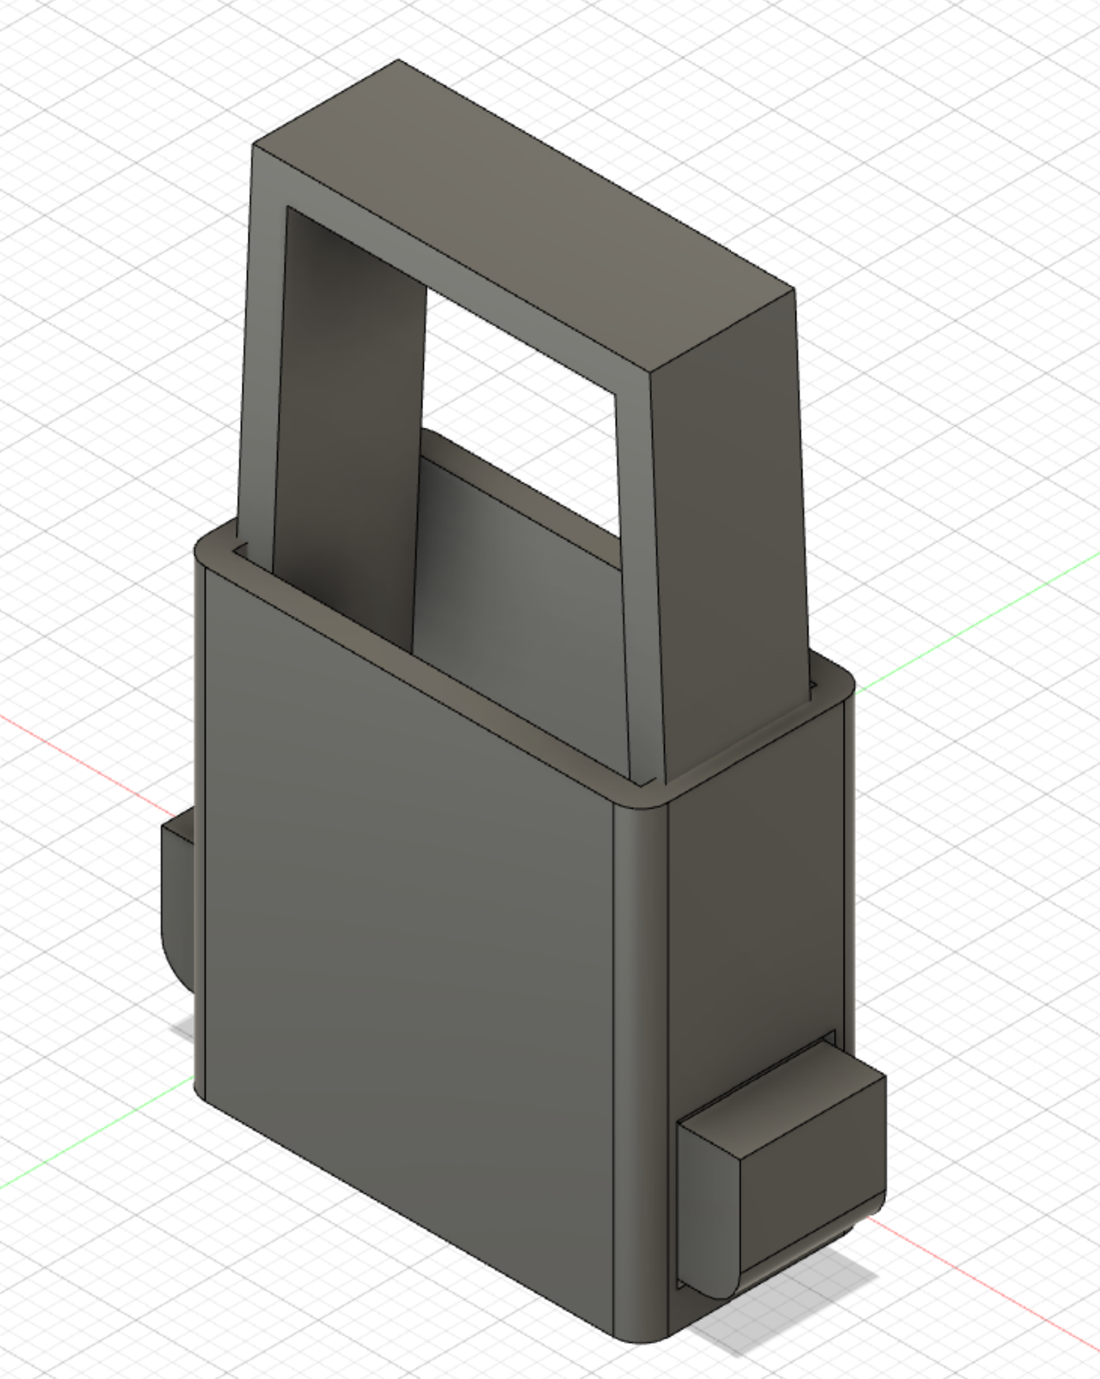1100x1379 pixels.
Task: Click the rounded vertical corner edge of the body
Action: pyautogui.click(x=641, y=1032)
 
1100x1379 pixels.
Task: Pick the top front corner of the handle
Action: pyautogui.click(x=255, y=148)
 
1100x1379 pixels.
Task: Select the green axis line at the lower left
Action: pyautogui.click(x=86, y=1144)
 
